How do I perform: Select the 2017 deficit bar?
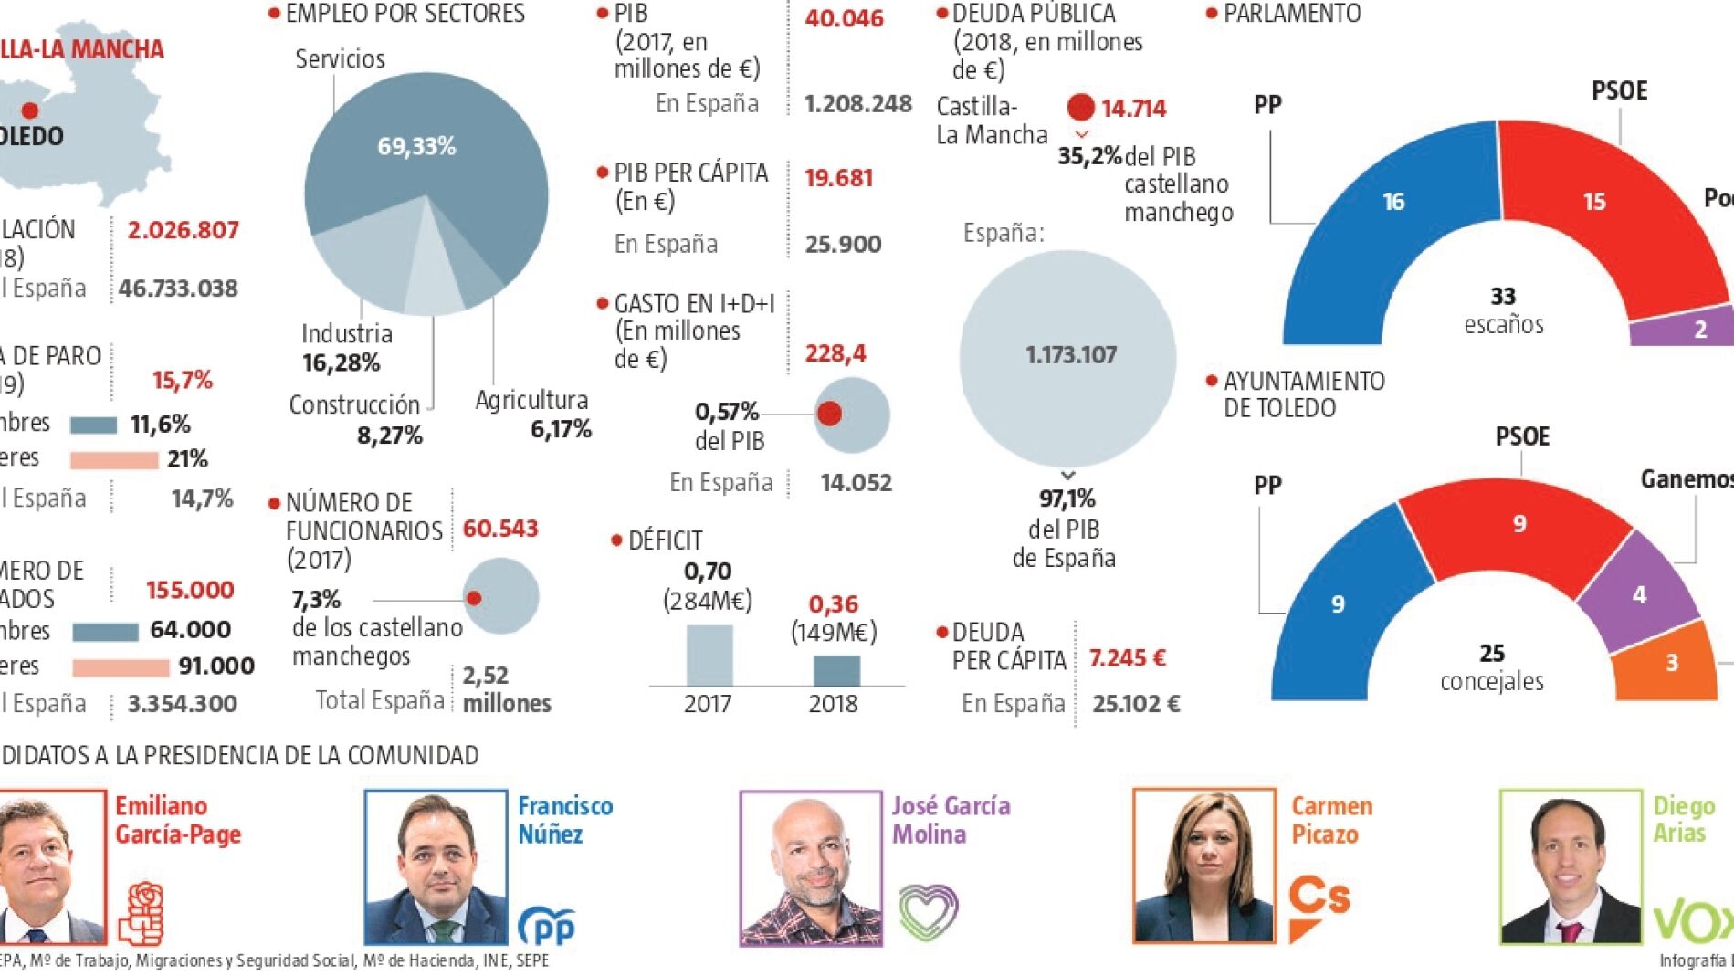click(x=709, y=655)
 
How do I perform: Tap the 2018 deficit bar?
click(x=835, y=670)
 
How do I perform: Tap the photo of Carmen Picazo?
click(x=1204, y=866)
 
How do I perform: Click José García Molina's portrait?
click(x=811, y=867)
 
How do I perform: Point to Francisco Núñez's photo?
click(x=436, y=866)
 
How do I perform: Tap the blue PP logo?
click(x=546, y=926)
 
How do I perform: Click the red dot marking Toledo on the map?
click(x=30, y=110)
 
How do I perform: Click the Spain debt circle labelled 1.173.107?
click(x=1067, y=356)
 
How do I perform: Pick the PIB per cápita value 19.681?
click(x=838, y=177)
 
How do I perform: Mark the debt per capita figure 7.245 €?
click(x=1127, y=658)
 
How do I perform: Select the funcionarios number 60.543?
click(x=500, y=529)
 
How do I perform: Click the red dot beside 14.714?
click(x=1080, y=107)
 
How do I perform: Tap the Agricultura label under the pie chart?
click(x=531, y=400)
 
